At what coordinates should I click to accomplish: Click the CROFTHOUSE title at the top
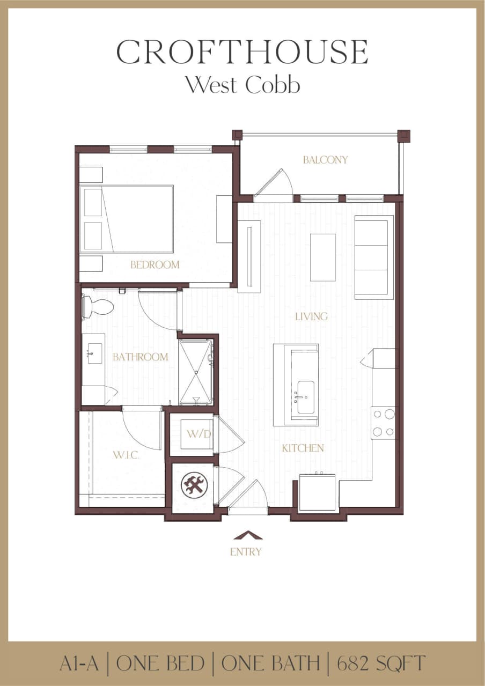pyautogui.click(x=242, y=53)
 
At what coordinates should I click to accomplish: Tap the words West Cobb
pyautogui.click(x=242, y=85)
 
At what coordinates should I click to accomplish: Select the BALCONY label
pyautogui.click(x=325, y=160)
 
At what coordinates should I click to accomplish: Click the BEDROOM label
pyautogui.click(x=155, y=264)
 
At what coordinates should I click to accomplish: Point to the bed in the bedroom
pyautogui.click(x=127, y=219)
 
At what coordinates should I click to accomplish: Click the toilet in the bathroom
pyautogui.click(x=98, y=307)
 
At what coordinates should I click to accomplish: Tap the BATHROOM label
pyautogui.click(x=140, y=357)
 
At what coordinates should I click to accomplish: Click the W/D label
pyautogui.click(x=194, y=433)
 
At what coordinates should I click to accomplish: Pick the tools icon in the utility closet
pyautogui.click(x=194, y=485)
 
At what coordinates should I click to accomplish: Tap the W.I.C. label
pyautogui.click(x=126, y=455)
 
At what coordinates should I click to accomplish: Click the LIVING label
pyautogui.click(x=311, y=316)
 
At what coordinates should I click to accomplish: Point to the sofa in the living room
pyautogui.click(x=374, y=257)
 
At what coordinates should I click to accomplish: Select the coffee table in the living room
pyautogui.click(x=323, y=257)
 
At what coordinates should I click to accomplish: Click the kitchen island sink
pyautogui.click(x=306, y=397)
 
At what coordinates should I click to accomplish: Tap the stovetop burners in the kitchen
pyautogui.click(x=384, y=423)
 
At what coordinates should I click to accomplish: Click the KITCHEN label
pyautogui.click(x=303, y=448)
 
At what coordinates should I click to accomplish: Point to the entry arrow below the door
pyautogui.click(x=248, y=535)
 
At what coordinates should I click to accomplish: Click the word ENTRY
pyautogui.click(x=246, y=551)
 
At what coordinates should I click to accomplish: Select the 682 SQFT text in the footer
pyautogui.click(x=381, y=663)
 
